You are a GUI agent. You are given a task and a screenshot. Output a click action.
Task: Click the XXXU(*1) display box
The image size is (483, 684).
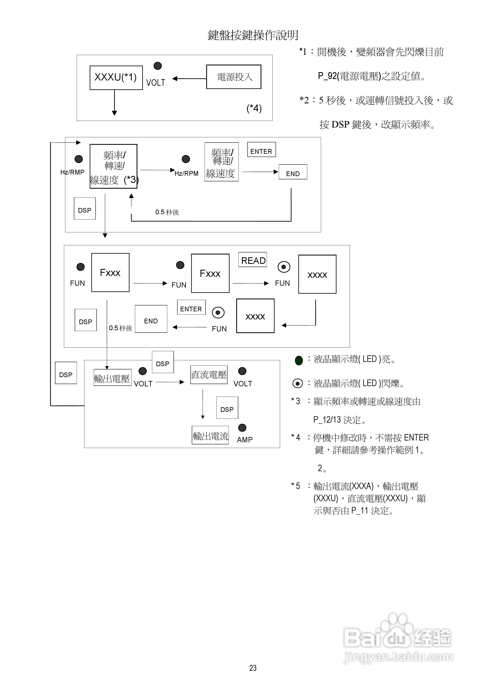coord(116,77)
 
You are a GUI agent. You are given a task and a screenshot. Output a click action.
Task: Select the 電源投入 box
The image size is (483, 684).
coord(234,77)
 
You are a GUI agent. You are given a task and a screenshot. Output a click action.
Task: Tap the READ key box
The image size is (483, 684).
coord(252,260)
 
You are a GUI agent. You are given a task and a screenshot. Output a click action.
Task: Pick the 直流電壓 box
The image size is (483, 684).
coord(209,375)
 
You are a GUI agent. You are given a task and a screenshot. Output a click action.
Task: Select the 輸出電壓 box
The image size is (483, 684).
coord(112,378)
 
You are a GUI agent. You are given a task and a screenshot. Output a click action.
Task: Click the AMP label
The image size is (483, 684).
coord(245,440)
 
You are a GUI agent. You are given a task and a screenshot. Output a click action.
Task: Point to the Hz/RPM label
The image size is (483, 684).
coord(187,173)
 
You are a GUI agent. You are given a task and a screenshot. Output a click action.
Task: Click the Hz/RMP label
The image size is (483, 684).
coord(72,172)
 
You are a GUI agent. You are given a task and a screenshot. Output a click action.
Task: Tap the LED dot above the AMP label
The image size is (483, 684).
coord(242,428)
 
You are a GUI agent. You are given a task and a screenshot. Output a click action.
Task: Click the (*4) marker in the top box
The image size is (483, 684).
coord(254,108)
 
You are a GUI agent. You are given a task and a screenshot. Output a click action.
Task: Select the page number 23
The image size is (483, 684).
coord(253,668)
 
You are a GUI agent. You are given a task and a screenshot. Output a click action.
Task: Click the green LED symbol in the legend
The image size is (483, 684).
coord(299,360)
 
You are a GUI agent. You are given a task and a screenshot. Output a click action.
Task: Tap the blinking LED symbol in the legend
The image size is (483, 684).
coord(298,383)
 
